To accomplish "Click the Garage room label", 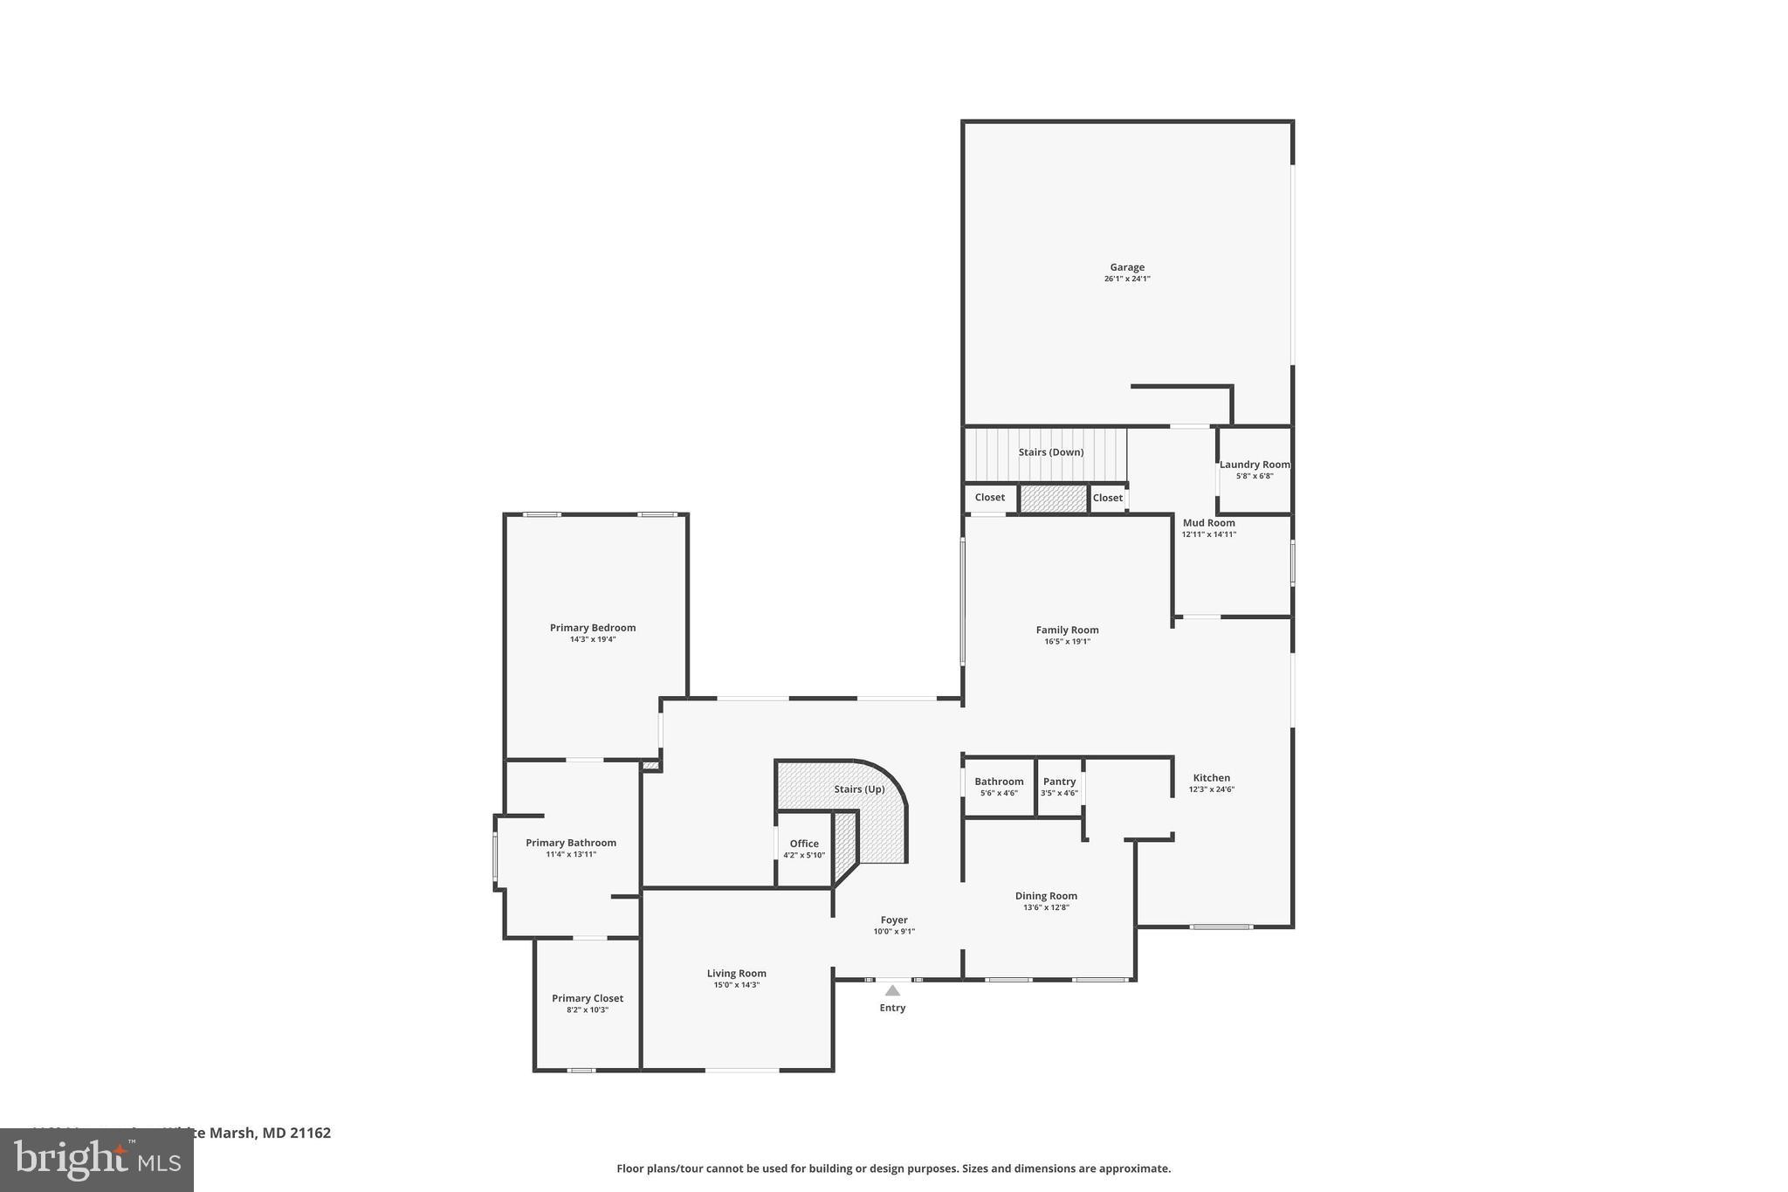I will [1126, 267].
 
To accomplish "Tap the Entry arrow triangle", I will [892, 990].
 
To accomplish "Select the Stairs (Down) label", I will [1050, 452].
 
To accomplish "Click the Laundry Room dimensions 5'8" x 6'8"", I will [1255, 476].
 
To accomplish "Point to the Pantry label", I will [1059, 782].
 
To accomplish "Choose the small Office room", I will [803, 849].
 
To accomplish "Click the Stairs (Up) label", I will [859, 789].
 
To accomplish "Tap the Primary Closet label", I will [588, 998].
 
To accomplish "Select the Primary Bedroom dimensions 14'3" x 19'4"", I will [593, 639].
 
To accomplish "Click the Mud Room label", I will [1208, 523].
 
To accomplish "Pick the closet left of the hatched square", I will [989, 498].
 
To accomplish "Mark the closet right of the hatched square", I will [1107, 498].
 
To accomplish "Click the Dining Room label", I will [1046, 896].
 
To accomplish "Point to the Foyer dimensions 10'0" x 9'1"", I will [894, 932].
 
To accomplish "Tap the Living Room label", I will [736, 974].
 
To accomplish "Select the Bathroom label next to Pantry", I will [999, 782].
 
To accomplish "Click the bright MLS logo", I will [96, 1160].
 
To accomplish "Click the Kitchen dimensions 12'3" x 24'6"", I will [1211, 789].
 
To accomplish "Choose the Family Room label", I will [1067, 630].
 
